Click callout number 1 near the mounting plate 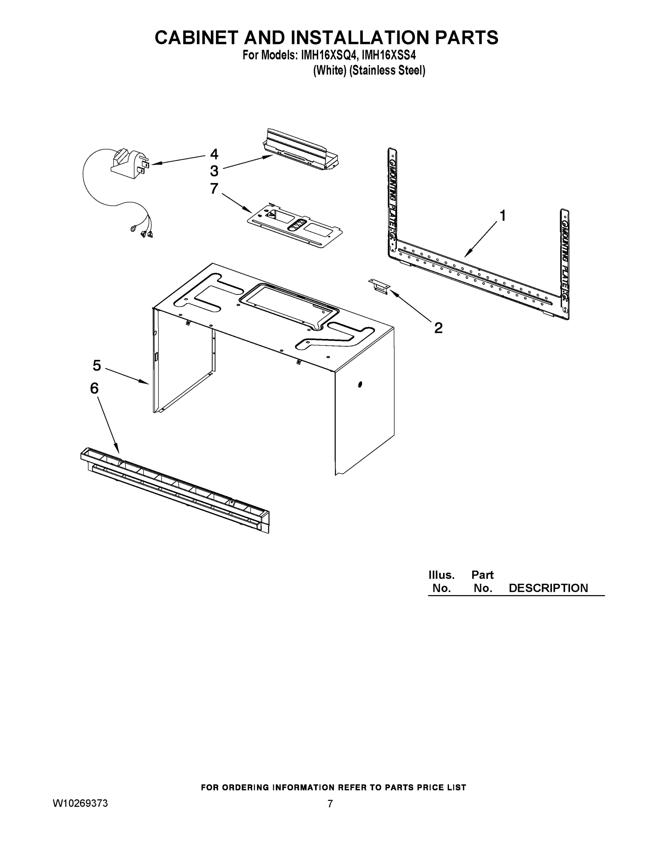503,215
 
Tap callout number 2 438,328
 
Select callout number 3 214,171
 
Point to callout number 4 214,154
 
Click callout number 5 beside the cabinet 97,366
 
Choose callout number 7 214,189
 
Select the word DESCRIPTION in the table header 548,588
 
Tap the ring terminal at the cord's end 133,229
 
